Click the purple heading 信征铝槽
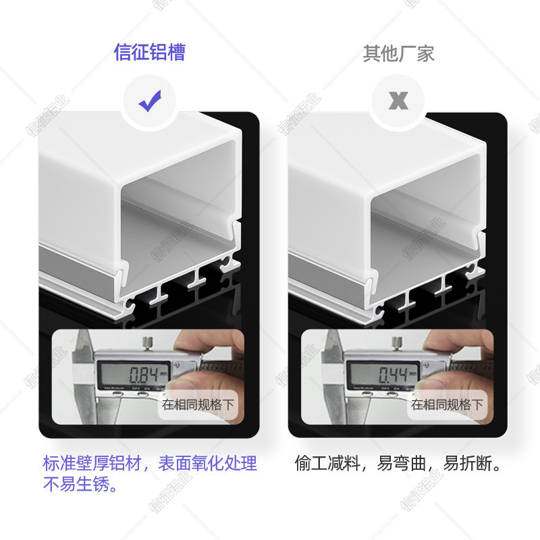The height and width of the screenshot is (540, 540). click(x=149, y=53)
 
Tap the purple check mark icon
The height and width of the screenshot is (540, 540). click(x=150, y=102)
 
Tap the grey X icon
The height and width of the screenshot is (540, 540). click(x=399, y=102)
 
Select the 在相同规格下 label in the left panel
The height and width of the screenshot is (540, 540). click(x=197, y=405)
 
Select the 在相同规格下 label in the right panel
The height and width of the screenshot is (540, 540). click(x=447, y=405)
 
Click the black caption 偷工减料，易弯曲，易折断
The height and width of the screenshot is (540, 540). click(x=398, y=464)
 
